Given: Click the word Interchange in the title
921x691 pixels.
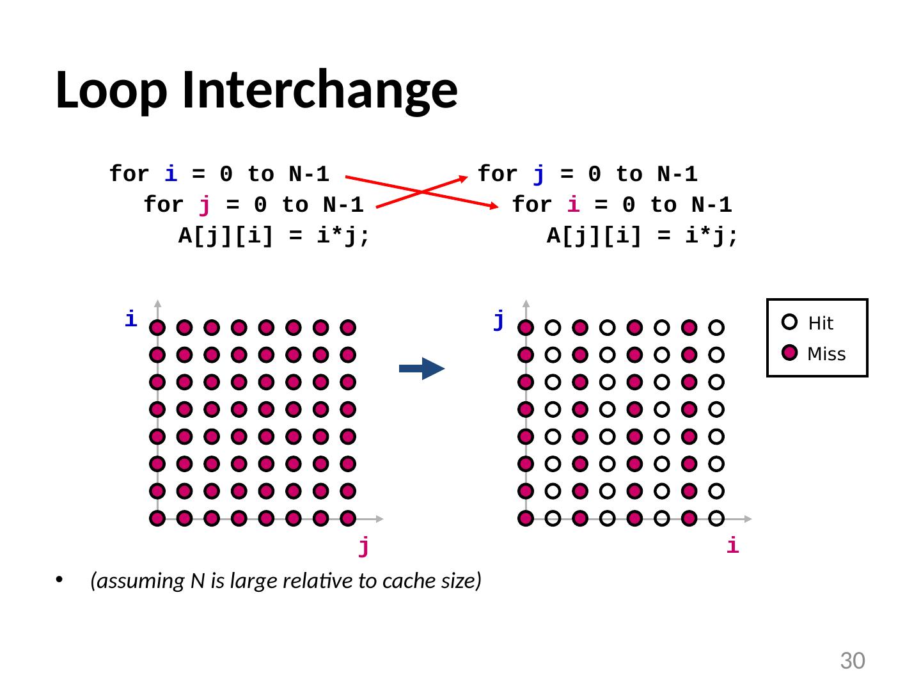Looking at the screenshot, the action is point(319,90).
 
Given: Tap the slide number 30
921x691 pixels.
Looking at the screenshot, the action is point(852,661).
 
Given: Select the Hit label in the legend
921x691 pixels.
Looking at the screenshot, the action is point(821,324).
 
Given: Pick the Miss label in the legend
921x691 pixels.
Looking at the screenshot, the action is point(826,354).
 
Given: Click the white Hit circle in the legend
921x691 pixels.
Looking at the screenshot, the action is point(790,322).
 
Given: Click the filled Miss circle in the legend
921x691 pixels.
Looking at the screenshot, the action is point(790,353).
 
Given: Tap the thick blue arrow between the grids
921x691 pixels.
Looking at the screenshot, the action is point(421,369).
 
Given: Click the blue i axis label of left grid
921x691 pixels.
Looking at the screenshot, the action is point(130,319).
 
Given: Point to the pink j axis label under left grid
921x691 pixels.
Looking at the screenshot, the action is point(363,546).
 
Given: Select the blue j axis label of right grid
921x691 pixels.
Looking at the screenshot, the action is point(499,319).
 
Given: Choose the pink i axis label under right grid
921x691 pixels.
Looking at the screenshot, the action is point(732,546).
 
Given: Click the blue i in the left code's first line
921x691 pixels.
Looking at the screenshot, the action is point(171,174).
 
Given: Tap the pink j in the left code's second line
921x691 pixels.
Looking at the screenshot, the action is point(205,205).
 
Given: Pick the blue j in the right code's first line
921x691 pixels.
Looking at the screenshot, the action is point(539,174).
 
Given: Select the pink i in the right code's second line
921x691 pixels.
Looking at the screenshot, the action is point(574,205).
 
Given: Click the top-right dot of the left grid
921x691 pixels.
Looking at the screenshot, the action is point(348,328).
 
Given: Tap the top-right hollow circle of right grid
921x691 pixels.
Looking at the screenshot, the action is point(716,328).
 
